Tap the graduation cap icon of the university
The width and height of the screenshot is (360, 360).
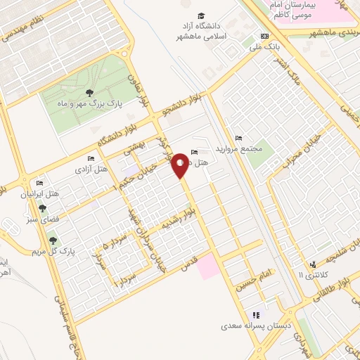click(x=201, y=16)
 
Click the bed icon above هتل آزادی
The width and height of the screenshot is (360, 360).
click(x=90, y=159)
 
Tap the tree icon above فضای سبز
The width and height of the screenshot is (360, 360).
click(x=43, y=209)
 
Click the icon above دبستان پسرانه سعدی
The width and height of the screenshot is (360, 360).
click(x=256, y=315)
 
